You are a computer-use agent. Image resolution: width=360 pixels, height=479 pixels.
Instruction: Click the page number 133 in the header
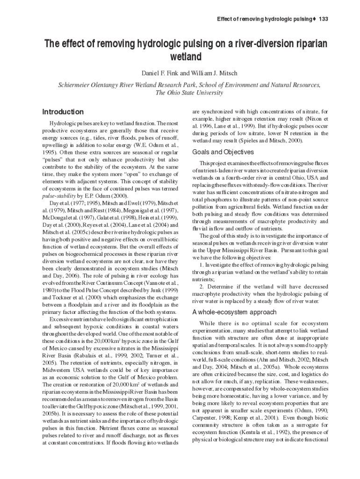pyautogui.click(x=324, y=19)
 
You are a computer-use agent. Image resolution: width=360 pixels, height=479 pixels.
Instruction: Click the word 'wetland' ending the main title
pyautogui.click(x=186, y=58)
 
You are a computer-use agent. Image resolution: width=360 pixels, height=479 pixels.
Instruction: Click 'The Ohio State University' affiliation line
pyautogui.click(x=189, y=93)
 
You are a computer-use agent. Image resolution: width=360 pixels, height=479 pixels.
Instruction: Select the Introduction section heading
pyautogui.click(x=63, y=112)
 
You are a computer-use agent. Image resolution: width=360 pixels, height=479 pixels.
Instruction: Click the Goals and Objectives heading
pyautogui.click(x=223, y=152)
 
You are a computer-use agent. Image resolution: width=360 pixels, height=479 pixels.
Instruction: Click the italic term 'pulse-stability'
pyautogui.click(x=59, y=196)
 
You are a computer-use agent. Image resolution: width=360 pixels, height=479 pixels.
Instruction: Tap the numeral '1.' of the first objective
pyautogui.click(x=202, y=265)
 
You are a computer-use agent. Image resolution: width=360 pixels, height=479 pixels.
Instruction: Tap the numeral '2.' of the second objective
pyautogui.click(x=202, y=287)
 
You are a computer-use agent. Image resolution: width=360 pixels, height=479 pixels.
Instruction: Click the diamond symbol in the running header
pyautogui.click(x=314, y=19)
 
